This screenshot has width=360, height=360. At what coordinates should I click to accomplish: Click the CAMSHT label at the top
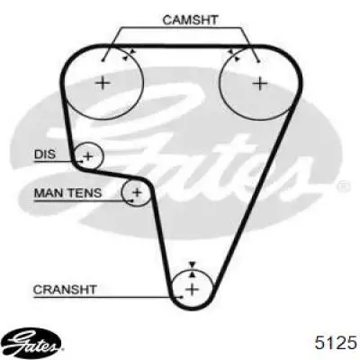pos(190,20)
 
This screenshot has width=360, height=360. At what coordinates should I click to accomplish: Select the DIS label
pos(45,155)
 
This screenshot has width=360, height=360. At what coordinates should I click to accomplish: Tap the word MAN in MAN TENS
pos(48,193)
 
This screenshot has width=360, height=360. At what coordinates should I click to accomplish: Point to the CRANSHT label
pos(65,290)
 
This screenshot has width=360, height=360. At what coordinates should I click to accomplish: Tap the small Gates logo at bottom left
pos(33,345)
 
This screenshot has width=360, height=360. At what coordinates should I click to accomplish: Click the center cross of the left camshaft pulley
pos(103,83)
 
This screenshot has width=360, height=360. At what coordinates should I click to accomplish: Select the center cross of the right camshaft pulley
pos(260,83)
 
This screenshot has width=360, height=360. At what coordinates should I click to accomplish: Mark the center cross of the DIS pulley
pos(88,156)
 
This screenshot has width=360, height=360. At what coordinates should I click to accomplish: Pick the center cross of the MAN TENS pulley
pos(137,192)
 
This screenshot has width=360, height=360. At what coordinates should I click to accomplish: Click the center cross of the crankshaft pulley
pos(193,290)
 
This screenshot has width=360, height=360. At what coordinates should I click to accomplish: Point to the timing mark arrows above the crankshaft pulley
pos(193,270)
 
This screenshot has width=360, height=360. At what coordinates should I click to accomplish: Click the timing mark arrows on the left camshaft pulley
pos(129,55)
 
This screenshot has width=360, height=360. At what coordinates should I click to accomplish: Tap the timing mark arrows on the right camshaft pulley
pos(234,56)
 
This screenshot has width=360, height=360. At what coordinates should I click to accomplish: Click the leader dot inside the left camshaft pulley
pos(103,60)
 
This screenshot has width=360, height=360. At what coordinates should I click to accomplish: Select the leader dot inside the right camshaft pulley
pos(258,62)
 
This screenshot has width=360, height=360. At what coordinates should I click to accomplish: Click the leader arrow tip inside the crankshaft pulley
pos(182,297)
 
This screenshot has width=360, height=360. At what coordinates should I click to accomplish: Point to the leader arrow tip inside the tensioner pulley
pos(132,200)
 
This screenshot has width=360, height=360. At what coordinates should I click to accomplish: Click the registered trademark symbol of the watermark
pos(342,186)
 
